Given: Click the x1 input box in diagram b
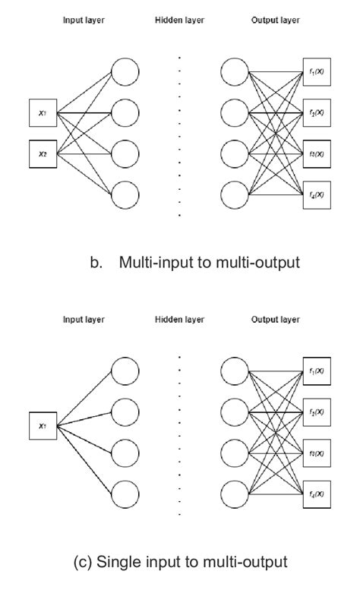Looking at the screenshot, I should [43, 114].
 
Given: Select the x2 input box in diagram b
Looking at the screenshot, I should [43, 153].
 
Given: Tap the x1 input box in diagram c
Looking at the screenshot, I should [43, 425].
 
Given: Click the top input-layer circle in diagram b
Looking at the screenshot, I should [125, 72].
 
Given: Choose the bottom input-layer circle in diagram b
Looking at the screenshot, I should [125, 194].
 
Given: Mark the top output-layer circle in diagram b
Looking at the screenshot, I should [235, 72].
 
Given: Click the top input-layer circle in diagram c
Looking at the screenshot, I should [125, 371].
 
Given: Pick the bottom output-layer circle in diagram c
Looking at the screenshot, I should [235, 494].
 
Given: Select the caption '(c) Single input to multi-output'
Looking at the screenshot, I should [180, 562].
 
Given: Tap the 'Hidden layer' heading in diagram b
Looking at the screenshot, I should [179, 21].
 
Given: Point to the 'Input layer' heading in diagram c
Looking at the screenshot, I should [83, 320].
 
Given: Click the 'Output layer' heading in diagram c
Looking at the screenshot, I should [276, 320].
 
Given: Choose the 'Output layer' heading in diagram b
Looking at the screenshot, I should [276, 21].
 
